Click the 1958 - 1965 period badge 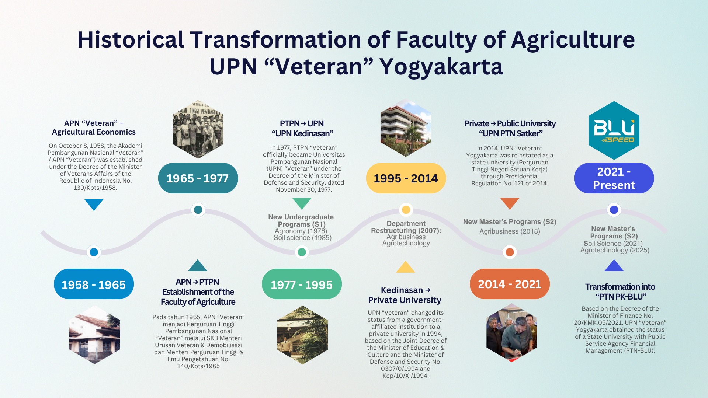[x=94, y=284]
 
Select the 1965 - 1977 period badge [x=198, y=178]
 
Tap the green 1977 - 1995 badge [x=302, y=284]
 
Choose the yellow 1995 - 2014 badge [x=406, y=178]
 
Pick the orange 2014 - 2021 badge [x=510, y=284]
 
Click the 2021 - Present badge [x=614, y=178]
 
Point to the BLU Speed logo [x=614, y=130]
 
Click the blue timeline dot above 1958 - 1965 [x=94, y=252]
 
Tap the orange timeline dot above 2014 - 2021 [x=510, y=252]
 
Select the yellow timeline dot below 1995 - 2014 [x=406, y=210]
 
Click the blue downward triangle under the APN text [x=94, y=204]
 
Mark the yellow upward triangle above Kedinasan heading [x=405, y=267]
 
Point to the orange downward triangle [x=510, y=203]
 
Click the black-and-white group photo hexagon [x=198, y=130]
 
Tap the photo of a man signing [x=511, y=333]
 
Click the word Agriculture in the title [x=573, y=40]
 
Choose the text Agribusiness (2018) [x=510, y=231]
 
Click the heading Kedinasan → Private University [x=405, y=295]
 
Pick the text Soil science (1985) [x=302, y=238]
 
